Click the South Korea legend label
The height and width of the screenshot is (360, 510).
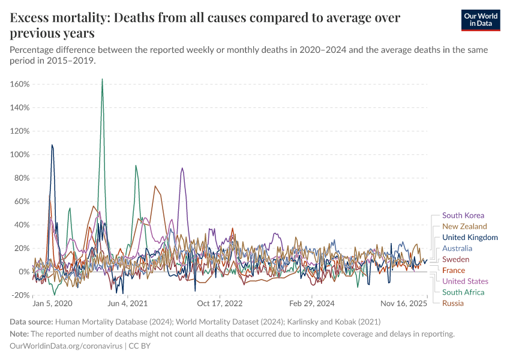point(463,215)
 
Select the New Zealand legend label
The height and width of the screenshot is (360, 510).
point(464,226)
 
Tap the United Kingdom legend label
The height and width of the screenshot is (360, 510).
point(470,238)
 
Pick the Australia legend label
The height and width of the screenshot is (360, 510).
point(457,248)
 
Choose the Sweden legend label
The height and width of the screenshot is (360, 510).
point(455,259)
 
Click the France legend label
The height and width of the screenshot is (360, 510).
point(454,271)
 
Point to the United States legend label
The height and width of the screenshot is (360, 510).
point(465,281)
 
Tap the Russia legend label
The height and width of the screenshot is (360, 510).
point(453,303)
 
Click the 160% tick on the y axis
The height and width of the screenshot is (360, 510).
point(20,84)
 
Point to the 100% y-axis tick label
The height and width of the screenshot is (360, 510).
point(20,154)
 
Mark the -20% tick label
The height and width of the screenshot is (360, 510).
point(20,295)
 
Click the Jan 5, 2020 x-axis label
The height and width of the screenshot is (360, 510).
point(52,304)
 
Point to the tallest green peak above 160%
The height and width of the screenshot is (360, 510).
point(103,79)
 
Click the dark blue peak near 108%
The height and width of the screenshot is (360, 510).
point(52,145)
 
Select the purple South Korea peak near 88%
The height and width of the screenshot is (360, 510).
point(182,169)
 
